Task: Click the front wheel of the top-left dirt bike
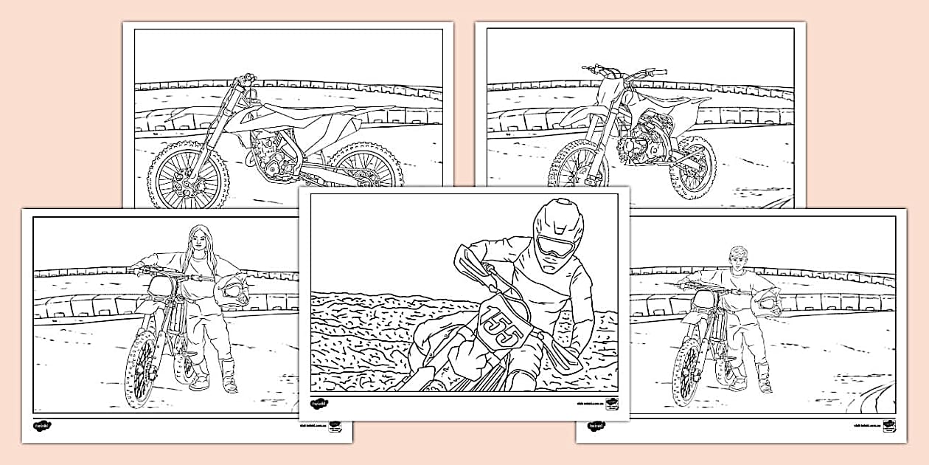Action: [x=180, y=175]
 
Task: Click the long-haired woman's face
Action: [x=200, y=240]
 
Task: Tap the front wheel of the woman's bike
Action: [x=140, y=368]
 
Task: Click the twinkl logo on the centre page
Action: [x=319, y=404]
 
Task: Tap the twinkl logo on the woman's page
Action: [x=41, y=426]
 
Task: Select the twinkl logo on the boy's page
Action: [x=594, y=426]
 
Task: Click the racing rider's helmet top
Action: [x=558, y=209]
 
